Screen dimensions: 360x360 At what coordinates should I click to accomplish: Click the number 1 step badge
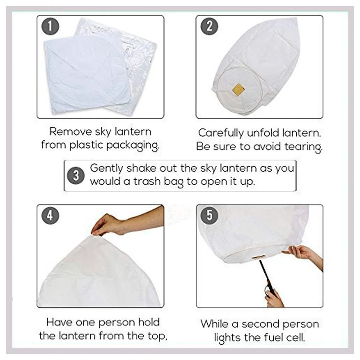50,26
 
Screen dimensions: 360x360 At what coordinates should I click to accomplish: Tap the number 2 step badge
209,26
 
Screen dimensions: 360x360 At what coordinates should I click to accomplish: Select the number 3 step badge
76,176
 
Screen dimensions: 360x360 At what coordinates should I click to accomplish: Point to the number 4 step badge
50,215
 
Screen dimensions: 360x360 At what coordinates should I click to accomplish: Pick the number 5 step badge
209,215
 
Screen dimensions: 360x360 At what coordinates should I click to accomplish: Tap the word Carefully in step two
221,133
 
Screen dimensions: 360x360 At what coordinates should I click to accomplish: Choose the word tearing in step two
303,147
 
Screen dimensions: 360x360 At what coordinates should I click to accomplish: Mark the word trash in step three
147,181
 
